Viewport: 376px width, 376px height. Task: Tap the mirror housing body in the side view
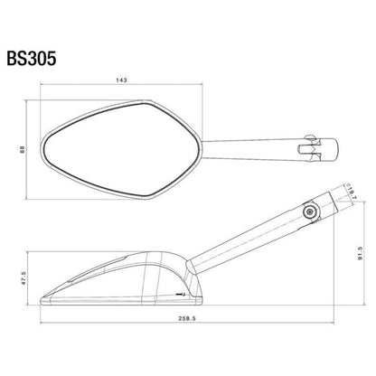point(136,276)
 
